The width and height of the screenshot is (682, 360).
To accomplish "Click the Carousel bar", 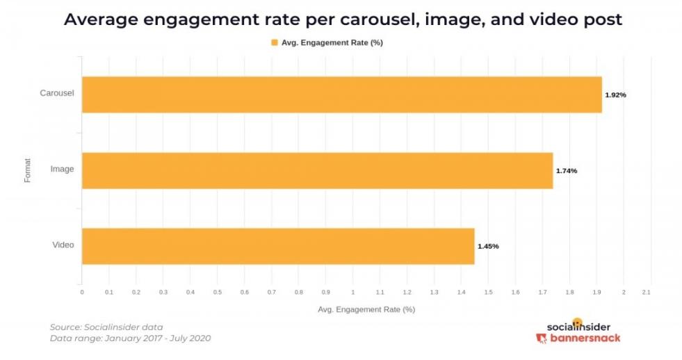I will coord(341,95).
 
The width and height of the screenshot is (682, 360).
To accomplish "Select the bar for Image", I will coord(317,170).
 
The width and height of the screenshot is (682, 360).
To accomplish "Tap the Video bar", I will coord(278,246).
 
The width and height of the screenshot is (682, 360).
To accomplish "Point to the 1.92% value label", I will coord(615,95).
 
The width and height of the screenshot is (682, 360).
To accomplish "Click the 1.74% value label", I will coord(566,171).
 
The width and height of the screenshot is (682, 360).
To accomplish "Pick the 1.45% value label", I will coord(487,246).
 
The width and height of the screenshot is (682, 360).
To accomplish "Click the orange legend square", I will coord(274,42).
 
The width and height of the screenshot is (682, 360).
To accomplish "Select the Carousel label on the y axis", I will coord(57,93).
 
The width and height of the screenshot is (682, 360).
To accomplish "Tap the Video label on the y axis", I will coord(63,245).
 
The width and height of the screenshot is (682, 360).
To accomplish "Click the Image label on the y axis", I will coord(62,169).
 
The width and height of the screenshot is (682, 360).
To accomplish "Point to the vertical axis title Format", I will coord(27,170).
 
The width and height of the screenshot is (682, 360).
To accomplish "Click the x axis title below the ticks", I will coord(366,309).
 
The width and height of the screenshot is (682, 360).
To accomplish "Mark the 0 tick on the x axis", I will coord(82,293).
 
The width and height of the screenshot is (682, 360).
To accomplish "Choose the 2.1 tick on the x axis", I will coord(646,293).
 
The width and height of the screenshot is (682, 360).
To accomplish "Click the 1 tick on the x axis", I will coord(352,293).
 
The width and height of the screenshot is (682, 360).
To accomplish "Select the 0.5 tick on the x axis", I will coord(217,293).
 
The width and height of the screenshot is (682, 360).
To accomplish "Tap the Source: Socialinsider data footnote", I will coord(106,327).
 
